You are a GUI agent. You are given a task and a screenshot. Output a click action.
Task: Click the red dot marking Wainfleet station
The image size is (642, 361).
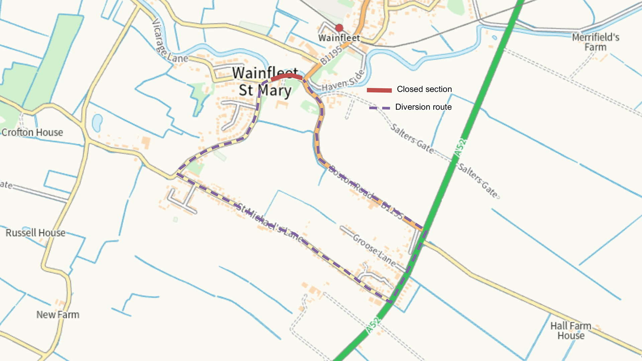(339, 28)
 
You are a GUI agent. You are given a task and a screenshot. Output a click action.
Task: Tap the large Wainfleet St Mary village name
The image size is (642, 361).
(265, 82)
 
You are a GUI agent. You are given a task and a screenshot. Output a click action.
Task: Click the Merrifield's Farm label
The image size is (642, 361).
(596, 42)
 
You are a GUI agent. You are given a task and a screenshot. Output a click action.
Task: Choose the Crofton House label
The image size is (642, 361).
(32, 132)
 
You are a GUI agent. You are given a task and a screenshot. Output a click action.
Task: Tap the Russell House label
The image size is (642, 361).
(35, 233)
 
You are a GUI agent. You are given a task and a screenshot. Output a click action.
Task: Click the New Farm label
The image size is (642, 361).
(58, 315)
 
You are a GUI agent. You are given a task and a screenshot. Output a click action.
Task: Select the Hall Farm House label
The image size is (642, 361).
(571, 331)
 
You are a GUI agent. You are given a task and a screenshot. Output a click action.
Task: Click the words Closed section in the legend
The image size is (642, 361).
(424, 89)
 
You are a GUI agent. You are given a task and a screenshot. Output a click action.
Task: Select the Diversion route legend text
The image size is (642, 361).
(423, 107)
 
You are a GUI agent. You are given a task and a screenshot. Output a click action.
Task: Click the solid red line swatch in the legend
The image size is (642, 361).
(379, 90)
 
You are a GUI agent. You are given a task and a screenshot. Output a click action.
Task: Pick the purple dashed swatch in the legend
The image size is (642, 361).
(379, 108)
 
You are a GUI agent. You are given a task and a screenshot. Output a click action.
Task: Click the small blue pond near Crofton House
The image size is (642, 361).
(97, 123)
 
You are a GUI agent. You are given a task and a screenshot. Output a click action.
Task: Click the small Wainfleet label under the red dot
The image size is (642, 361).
(339, 38)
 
